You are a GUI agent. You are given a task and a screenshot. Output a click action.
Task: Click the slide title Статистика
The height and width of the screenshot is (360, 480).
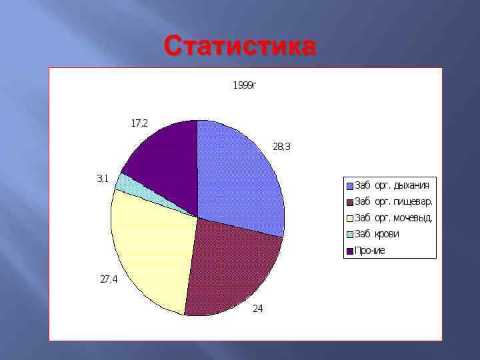[x=240, y=47]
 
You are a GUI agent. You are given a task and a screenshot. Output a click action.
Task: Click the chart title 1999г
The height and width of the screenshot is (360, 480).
[x=244, y=85]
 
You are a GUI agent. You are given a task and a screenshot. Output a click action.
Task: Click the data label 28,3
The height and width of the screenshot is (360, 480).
[x=281, y=147]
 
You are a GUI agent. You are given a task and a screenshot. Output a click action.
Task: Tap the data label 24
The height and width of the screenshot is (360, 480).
[x=257, y=309]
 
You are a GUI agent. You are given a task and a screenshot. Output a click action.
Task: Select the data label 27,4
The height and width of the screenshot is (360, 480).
[x=109, y=280]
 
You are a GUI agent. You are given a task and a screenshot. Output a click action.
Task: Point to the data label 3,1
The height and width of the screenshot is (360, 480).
[x=102, y=179]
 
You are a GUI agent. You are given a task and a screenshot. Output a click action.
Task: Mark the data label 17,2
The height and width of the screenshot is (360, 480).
[x=139, y=123]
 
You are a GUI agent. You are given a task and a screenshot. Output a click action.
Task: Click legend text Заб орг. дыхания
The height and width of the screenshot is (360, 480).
[x=392, y=185]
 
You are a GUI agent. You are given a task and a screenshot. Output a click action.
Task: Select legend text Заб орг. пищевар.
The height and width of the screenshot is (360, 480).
[x=393, y=201]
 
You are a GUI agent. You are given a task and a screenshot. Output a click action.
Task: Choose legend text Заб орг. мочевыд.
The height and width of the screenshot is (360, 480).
[x=393, y=217]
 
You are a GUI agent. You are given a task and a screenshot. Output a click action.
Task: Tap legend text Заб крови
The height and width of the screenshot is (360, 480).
[x=377, y=234]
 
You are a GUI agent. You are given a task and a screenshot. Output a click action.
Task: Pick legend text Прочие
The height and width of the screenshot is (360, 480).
[x=370, y=251]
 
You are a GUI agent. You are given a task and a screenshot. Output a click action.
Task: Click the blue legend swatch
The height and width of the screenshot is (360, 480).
[x=349, y=185]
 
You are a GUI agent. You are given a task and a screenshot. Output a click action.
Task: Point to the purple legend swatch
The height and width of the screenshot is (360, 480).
[x=349, y=251]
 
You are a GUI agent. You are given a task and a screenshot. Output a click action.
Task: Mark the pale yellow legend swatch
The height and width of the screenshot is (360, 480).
[x=349, y=217]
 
